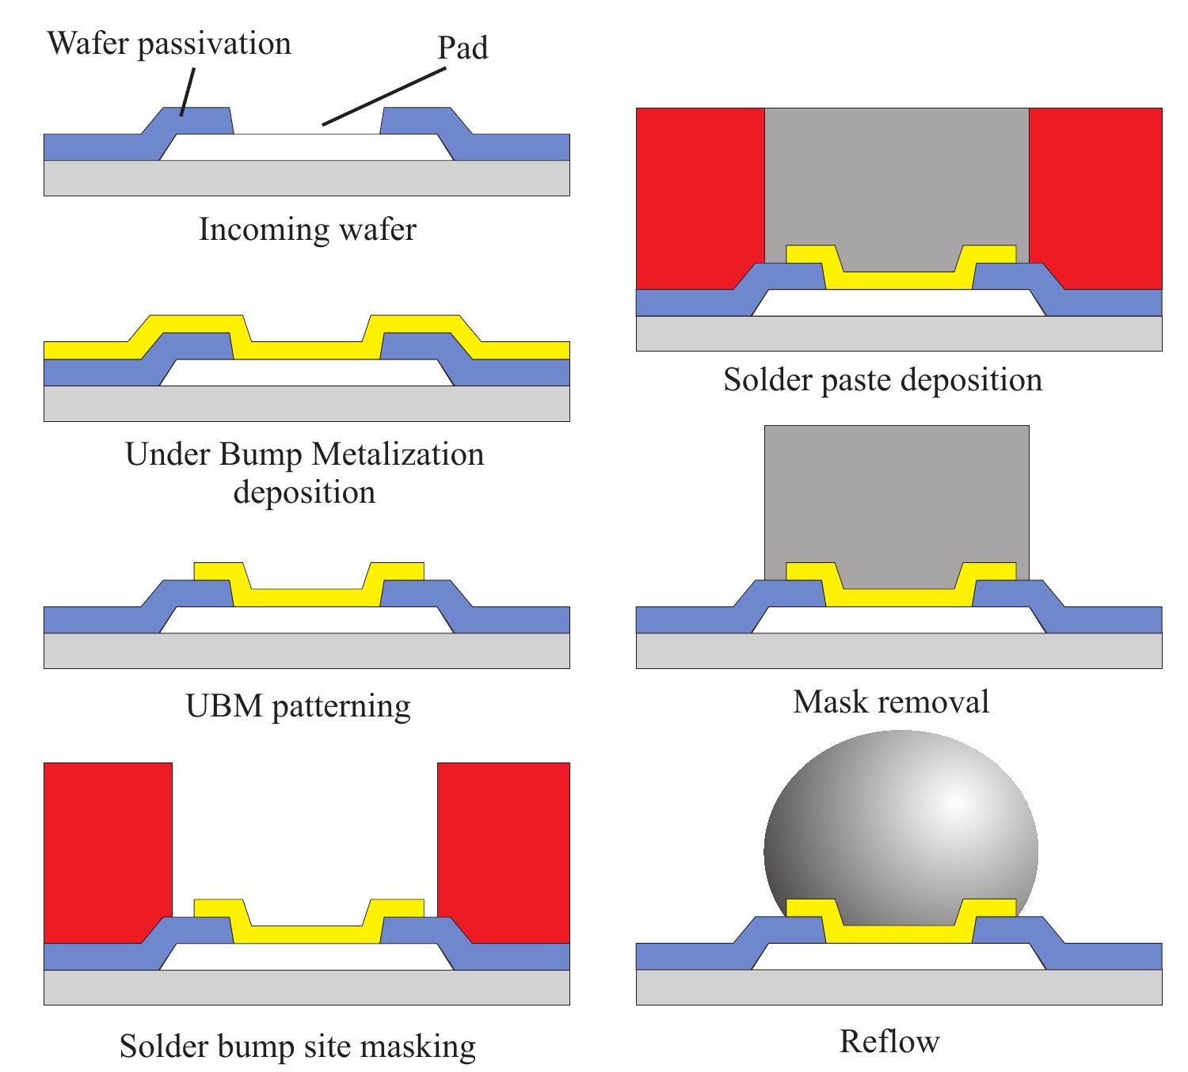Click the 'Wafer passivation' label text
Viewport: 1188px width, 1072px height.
(x=169, y=43)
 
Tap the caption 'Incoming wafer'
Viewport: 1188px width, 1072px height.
(x=307, y=230)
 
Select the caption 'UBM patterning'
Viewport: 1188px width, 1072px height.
(x=298, y=705)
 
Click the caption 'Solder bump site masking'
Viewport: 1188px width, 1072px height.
(x=298, y=1046)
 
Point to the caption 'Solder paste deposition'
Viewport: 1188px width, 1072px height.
(x=882, y=380)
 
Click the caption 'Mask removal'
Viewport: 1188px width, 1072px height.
(x=891, y=701)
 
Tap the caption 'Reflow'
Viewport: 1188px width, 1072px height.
(x=889, y=1041)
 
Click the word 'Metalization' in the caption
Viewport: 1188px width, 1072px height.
(x=398, y=454)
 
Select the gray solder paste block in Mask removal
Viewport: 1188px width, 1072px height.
(x=897, y=499)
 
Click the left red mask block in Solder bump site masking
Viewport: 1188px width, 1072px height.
(x=108, y=847)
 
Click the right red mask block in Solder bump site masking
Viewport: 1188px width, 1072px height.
(x=504, y=847)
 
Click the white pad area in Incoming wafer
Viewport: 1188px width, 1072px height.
(x=307, y=147)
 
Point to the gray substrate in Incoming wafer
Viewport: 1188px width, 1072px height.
(x=307, y=178)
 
